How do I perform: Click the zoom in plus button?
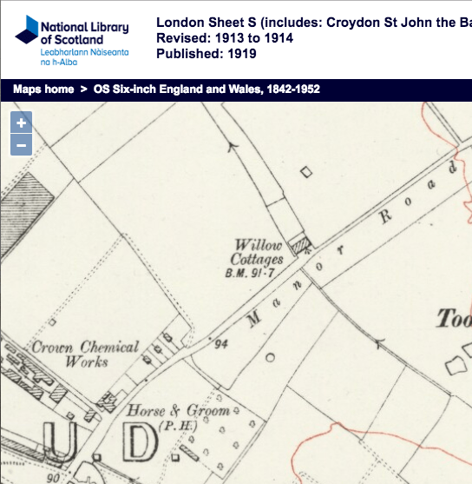(x=22, y=123)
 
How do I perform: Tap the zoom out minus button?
(x=22, y=144)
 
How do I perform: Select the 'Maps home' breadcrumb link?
(x=43, y=90)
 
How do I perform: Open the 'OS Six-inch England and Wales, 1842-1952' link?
(x=206, y=90)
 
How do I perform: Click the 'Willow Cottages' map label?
(x=258, y=252)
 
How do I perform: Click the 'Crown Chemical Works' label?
(x=85, y=354)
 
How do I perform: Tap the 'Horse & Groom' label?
(x=178, y=410)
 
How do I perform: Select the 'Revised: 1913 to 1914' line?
(x=226, y=38)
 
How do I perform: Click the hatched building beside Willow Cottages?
(x=299, y=245)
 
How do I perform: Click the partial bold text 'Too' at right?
(x=453, y=319)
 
